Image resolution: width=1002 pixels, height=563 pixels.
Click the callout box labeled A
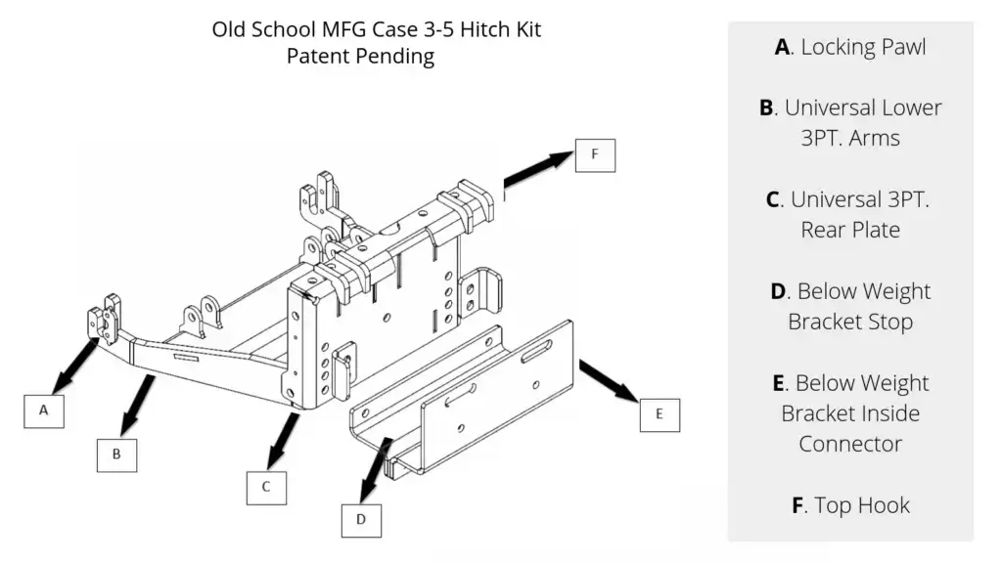(x=44, y=411)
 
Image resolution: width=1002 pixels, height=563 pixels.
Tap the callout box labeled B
(x=116, y=454)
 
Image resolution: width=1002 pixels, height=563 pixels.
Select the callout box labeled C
(x=265, y=486)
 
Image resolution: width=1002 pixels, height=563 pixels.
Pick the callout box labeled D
(x=361, y=519)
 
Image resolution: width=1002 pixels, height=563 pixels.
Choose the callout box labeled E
(x=660, y=413)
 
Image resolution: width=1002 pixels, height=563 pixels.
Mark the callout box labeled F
(x=595, y=153)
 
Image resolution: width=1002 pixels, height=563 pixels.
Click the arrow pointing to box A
(x=75, y=363)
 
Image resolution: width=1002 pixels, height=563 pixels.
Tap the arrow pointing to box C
(x=286, y=436)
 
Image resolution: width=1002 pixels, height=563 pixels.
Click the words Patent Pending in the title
(x=360, y=57)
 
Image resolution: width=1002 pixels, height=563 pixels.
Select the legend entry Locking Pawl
(x=850, y=47)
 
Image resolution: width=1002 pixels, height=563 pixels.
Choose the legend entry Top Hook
(x=850, y=505)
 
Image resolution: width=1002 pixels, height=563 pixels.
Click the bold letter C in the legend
(x=773, y=199)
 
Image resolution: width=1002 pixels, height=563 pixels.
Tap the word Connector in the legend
(x=850, y=444)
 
